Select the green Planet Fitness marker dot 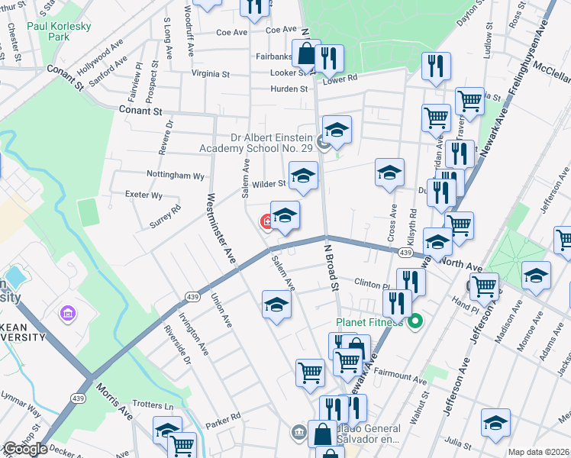(416, 321)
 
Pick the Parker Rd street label (223, 416)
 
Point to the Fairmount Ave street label (400, 377)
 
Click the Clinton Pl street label (373, 283)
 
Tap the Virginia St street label (211, 74)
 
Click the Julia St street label (460, 440)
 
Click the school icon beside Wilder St (302, 177)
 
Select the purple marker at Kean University (66, 313)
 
